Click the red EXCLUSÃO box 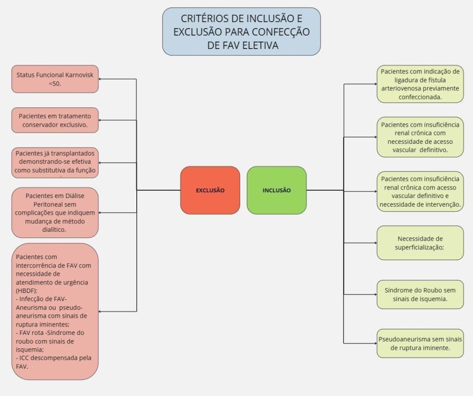pos(210,190)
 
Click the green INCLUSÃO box pos(277,190)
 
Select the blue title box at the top pos(241,31)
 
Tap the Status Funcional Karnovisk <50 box pos(55,79)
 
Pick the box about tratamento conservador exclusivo pos(55,120)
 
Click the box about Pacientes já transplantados pos(55,162)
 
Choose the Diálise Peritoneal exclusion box pos(55,212)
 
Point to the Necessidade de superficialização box pos(420,243)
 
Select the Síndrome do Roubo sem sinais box pos(420,294)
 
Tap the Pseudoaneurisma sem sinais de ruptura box pos(420,343)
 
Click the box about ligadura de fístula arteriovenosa pos(420,84)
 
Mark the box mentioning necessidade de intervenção pos(420,192)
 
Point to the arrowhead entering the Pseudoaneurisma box pos(375,343)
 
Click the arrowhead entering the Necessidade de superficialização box pos(375,243)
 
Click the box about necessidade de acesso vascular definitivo pos(420,137)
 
